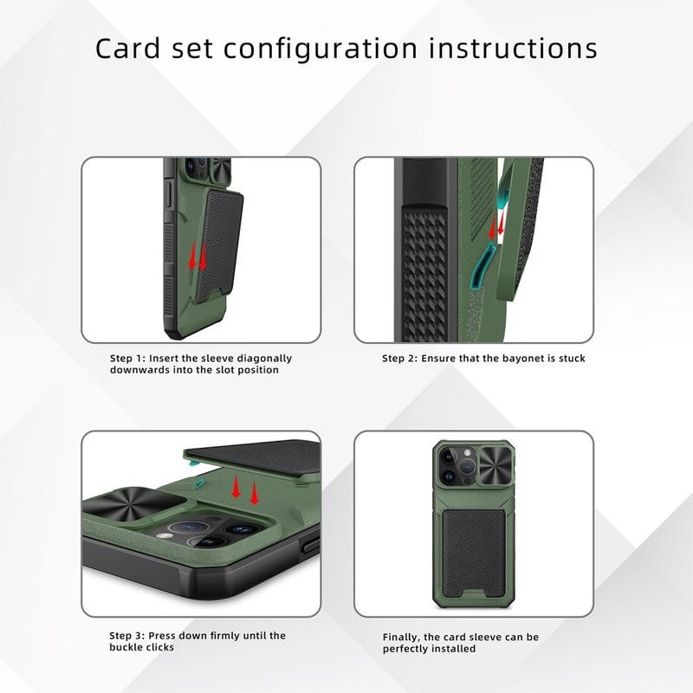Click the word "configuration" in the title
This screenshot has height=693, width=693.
pyautogui.click(x=321, y=49)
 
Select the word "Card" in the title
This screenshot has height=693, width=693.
pyautogui.click(x=127, y=49)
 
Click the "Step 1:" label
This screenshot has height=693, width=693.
pyautogui.click(x=127, y=358)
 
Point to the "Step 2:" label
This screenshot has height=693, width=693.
pyautogui.click(x=399, y=358)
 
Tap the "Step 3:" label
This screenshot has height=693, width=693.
pyautogui.click(x=126, y=636)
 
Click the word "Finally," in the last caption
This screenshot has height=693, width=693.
pyautogui.click(x=401, y=638)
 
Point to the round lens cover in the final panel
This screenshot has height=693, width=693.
pyautogui.click(x=496, y=464)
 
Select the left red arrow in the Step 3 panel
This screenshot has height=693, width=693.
pyautogui.click(x=236, y=486)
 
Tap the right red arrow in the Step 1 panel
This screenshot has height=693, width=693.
pyautogui.click(x=203, y=257)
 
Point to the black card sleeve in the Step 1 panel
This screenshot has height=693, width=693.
pyautogui.click(x=220, y=245)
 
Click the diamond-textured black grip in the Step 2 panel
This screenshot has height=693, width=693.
pyautogui.click(x=424, y=273)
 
